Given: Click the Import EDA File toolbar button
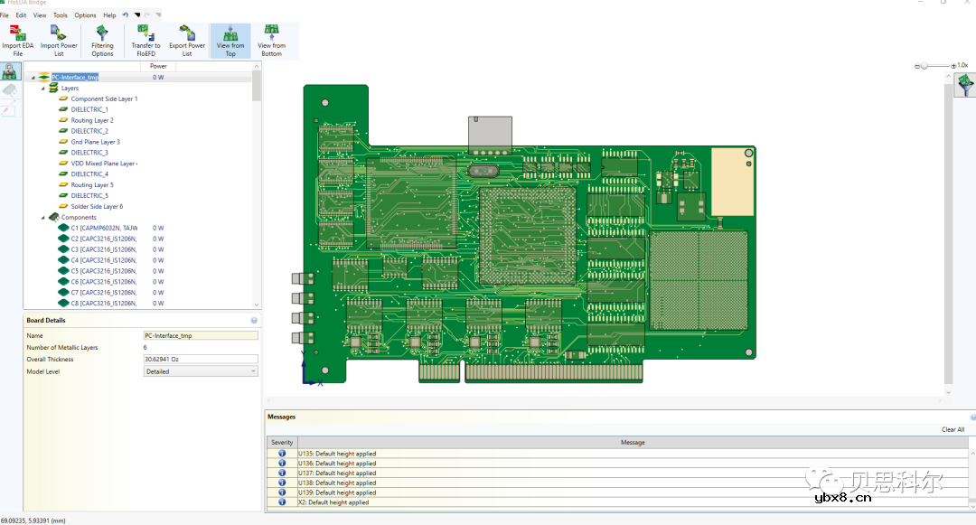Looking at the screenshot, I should [x=17, y=41].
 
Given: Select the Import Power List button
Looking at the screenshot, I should [x=59, y=41].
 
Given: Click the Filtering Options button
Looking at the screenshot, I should [x=102, y=41].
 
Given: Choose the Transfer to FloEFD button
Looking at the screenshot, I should [x=145, y=41].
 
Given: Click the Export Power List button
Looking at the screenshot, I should [x=187, y=41].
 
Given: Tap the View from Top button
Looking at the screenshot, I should [x=230, y=41].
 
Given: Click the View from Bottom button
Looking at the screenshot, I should [x=271, y=41].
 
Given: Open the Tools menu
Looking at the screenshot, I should [x=61, y=15].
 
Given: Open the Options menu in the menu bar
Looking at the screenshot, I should [x=85, y=15].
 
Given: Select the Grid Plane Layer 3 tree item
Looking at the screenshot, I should [x=95, y=142].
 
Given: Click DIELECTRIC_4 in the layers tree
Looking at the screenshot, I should [x=89, y=174].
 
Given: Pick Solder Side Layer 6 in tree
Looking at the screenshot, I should [x=97, y=207].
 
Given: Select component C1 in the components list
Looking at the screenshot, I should [x=104, y=228].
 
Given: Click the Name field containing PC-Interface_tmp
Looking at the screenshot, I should [x=200, y=335].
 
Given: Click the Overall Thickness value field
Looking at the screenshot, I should [x=200, y=360].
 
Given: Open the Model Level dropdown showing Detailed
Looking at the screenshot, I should [x=200, y=371].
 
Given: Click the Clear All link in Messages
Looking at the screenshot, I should [x=953, y=430].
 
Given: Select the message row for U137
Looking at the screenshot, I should [x=337, y=473].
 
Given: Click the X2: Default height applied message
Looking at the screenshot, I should [x=333, y=502].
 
